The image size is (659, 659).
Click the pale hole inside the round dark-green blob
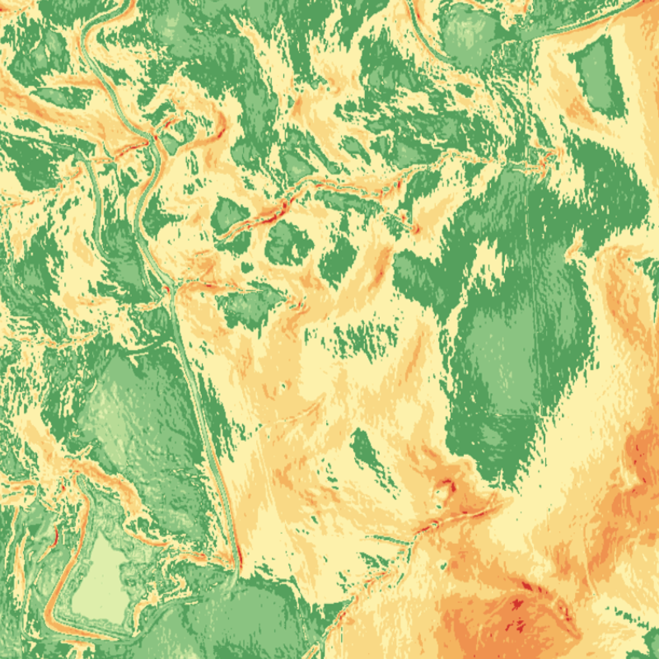296,250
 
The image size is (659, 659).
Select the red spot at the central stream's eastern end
414,228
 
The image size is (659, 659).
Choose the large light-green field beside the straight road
136,412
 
